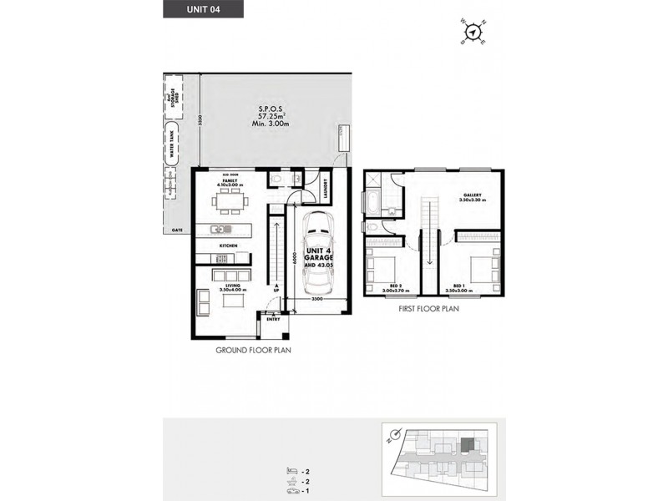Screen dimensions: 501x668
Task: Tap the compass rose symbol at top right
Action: click(474, 32)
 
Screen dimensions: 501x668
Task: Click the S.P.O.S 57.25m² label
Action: click(269, 116)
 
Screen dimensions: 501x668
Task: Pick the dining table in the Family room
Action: click(230, 201)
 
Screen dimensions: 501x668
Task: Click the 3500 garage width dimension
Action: click(317, 299)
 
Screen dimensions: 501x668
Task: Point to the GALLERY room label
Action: click(473, 197)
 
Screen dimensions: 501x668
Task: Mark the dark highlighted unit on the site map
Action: click(467, 443)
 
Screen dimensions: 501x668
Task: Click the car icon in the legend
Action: click(291, 490)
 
